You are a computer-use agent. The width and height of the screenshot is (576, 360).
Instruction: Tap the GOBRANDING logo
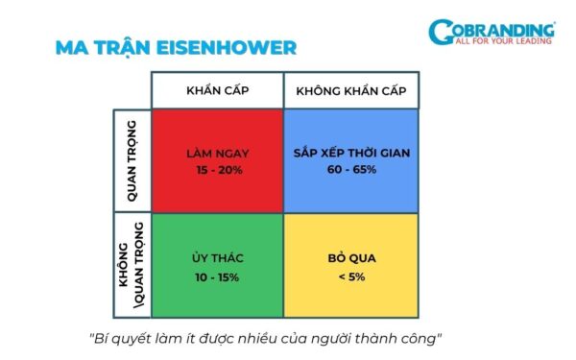(492, 33)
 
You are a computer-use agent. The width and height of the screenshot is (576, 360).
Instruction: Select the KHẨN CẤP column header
(217, 90)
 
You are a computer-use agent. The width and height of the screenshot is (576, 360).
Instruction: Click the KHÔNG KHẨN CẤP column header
(350, 90)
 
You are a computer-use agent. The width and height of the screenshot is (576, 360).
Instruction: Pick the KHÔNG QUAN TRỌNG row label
(132, 266)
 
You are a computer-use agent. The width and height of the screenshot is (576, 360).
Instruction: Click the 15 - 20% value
(217, 170)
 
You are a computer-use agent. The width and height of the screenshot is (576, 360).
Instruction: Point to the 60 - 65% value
(350, 170)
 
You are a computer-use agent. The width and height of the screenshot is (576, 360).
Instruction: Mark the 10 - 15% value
(217, 277)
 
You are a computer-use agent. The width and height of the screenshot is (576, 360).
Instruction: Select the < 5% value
(350, 277)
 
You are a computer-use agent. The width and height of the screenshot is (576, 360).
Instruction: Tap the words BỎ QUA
(350, 259)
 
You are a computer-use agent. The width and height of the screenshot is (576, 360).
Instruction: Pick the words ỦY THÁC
(217, 259)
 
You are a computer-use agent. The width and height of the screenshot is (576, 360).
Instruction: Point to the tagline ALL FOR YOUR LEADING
(505, 41)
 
